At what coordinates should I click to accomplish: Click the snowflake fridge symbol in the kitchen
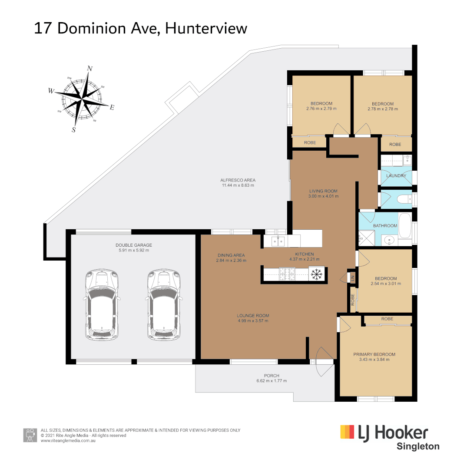[316, 274]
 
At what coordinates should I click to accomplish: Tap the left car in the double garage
[101, 304]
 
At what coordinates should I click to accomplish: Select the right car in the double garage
[162, 304]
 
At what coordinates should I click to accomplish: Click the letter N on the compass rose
[90, 68]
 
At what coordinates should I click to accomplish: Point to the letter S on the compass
[73, 129]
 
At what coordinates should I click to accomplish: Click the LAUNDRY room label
[396, 176]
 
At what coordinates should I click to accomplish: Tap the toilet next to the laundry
[403, 200]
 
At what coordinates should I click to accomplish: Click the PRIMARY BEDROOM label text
[374, 354]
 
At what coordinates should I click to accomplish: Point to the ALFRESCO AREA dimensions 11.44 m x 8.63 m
[238, 185]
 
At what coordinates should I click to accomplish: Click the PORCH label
[272, 376]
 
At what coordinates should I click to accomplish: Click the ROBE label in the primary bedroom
[387, 319]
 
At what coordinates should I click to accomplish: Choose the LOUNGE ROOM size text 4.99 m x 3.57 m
[253, 321]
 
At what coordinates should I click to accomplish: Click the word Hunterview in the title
[206, 28]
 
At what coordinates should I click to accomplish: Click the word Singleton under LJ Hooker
[417, 446]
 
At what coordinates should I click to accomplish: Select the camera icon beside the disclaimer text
[30, 435]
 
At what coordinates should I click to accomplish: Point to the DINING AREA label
[231, 255]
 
